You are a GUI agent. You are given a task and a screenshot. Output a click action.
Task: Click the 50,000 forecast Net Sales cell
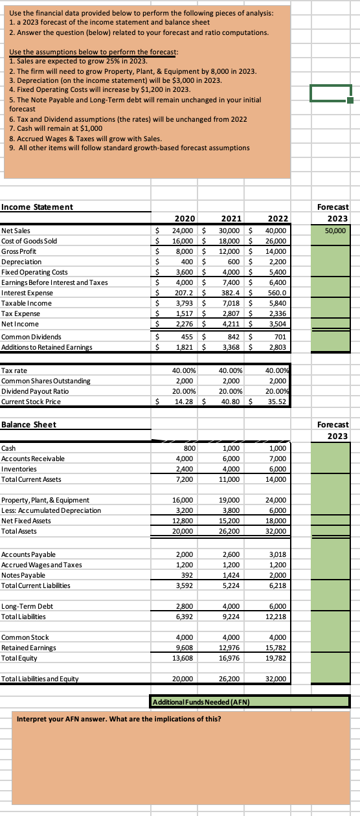336,231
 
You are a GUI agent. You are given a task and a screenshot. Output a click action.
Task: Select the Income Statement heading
37,207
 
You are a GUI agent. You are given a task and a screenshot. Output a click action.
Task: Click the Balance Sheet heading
29,424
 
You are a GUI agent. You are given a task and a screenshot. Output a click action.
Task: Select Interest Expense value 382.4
227,293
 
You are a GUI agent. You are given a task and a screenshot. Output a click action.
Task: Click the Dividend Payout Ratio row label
34,391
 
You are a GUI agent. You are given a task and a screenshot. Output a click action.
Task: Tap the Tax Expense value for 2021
227,313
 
